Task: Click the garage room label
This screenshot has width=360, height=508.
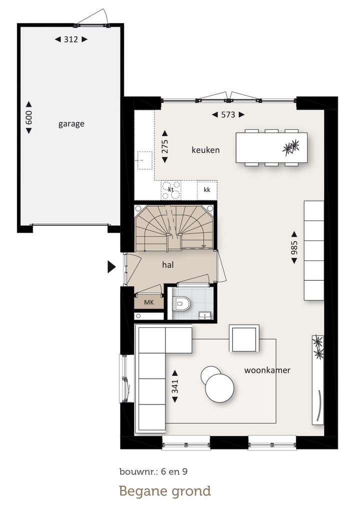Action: coord(71,124)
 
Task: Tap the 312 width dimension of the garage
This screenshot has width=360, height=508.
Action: coord(71,39)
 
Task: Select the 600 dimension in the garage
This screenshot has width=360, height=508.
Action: coord(29,117)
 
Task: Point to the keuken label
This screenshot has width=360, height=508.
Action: coord(205,150)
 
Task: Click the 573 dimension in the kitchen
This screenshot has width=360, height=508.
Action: coord(228,114)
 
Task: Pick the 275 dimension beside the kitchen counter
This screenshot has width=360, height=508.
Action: coord(165,146)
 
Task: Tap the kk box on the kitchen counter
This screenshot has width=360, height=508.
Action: coord(207,190)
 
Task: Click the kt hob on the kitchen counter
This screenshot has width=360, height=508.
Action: coord(171,190)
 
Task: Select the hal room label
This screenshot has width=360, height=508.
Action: coord(168,265)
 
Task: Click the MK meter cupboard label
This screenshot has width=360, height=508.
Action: coord(149,303)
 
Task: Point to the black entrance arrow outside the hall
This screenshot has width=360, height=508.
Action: coord(111,267)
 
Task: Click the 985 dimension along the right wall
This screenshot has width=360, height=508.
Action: coord(294,248)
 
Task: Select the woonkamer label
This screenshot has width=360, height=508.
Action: coord(267,370)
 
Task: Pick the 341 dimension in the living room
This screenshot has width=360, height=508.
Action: coord(175,386)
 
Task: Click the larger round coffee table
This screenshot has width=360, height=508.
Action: coord(219,388)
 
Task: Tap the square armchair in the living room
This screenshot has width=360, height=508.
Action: coord(244,338)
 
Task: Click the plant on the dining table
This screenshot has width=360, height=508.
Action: coord(290,148)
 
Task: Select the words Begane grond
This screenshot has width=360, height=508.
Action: coord(165,492)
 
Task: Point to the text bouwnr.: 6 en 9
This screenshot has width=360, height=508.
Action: coord(153,472)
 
